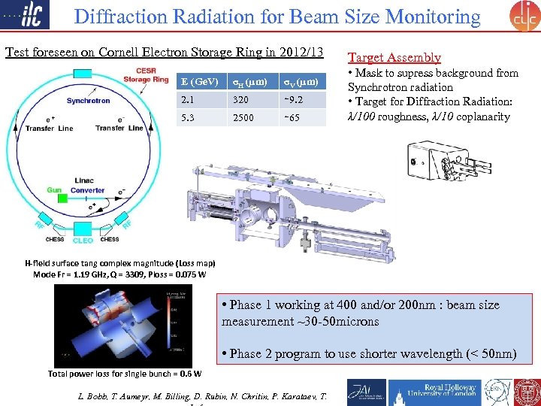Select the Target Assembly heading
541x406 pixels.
[394, 57]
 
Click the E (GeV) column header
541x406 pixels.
[199, 81]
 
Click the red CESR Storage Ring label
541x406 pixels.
[146, 75]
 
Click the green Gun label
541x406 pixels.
[54, 190]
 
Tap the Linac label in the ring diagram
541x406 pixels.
[84, 180]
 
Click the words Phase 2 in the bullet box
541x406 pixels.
[245, 353]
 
